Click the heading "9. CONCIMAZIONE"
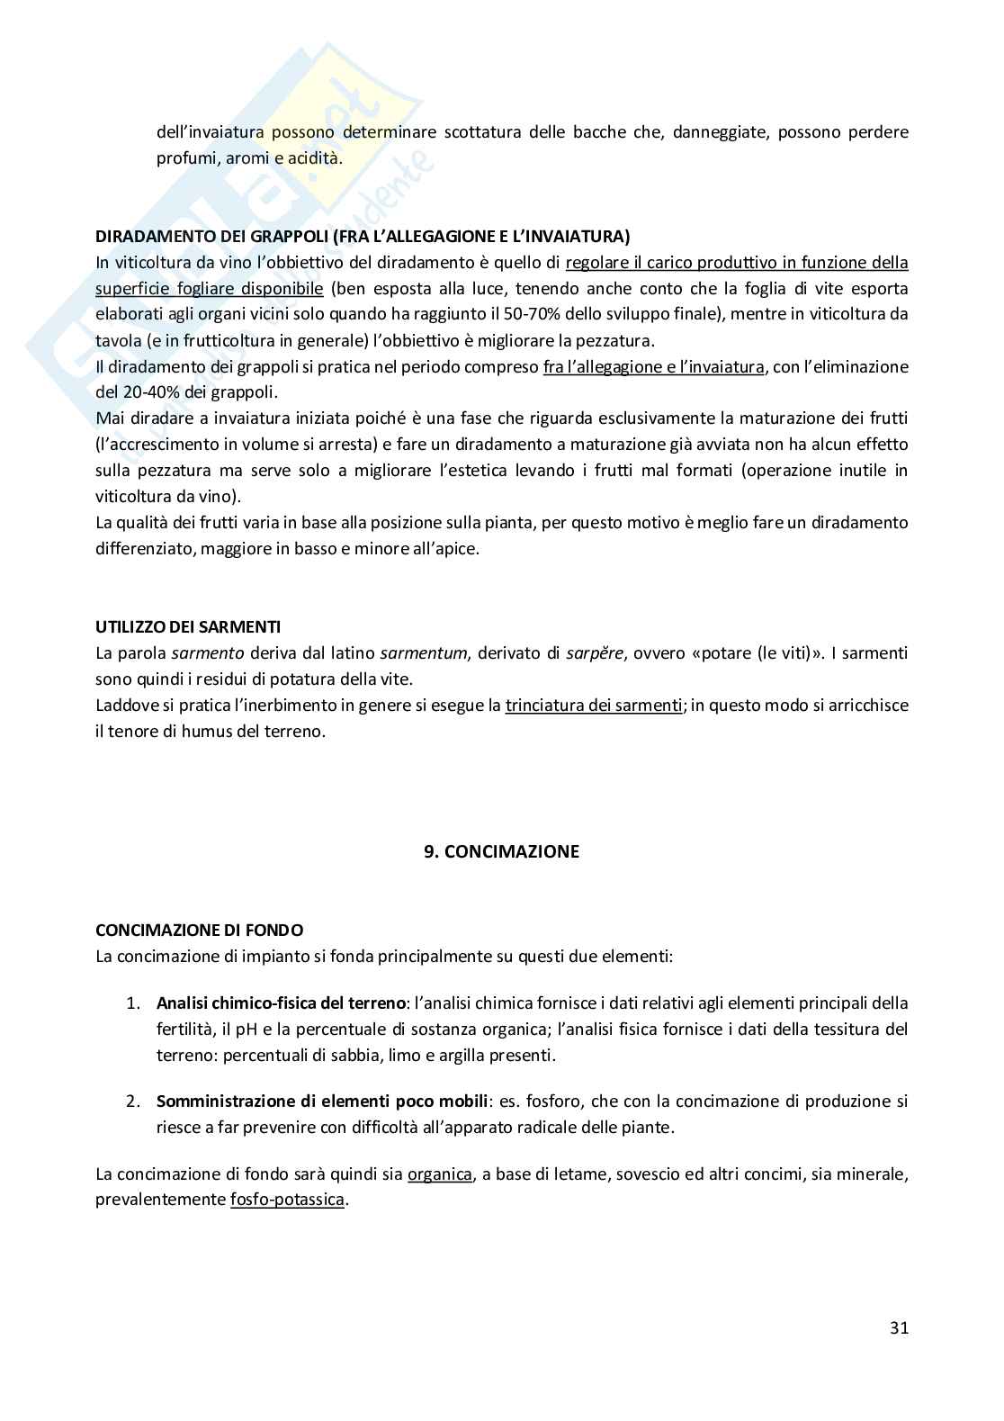click(x=502, y=851)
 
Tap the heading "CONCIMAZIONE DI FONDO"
click(x=199, y=930)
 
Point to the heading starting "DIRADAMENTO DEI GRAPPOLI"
click(x=363, y=237)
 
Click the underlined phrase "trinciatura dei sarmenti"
click(x=594, y=706)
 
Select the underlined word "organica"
click(x=440, y=1174)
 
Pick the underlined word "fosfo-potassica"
click(x=287, y=1200)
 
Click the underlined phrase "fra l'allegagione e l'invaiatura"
click(x=653, y=366)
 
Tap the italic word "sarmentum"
click(x=424, y=653)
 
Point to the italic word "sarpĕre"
click(x=595, y=653)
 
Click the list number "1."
click(x=133, y=1003)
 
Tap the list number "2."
click(x=133, y=1101)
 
